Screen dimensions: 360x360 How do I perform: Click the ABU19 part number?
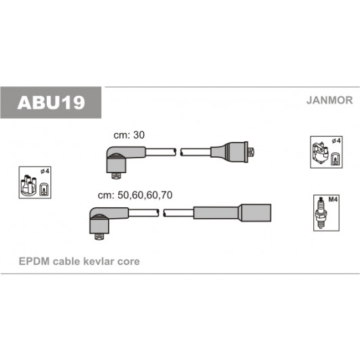click(51, 103)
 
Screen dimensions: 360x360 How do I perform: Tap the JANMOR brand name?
click(329, 101)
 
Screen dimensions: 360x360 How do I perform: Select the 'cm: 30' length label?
click(129, 135)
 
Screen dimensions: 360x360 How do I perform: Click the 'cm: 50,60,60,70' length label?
click(135, 195)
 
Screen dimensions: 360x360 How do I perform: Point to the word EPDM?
click(34, 262)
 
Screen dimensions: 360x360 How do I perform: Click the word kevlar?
click(98, 262)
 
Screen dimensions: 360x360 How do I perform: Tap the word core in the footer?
click(128, 262)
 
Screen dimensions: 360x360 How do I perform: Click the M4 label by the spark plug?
click(333, 200)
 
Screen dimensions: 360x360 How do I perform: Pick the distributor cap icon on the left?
click(29, 185)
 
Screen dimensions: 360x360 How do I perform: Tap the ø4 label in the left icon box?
click(45, 171)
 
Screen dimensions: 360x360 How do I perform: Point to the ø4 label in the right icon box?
click(336, 141)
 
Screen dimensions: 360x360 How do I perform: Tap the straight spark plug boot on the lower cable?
click(232, 213)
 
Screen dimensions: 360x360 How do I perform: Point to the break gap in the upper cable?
click(178, 152)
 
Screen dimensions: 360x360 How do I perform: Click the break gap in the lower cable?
click(161, 213)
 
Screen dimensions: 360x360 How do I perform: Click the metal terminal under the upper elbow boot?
click(116, 176)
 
